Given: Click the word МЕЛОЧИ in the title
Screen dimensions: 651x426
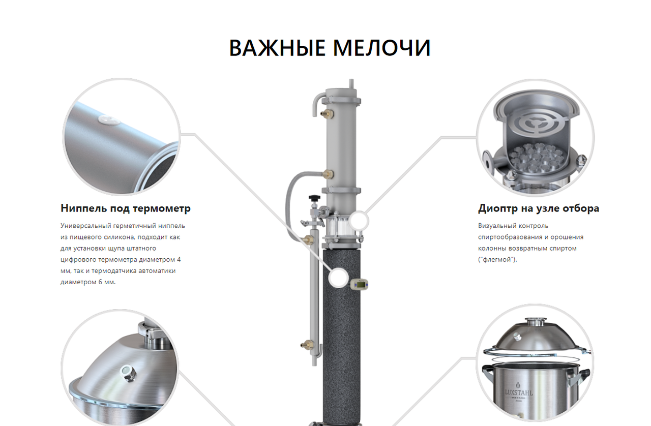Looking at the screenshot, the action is coord(381,48).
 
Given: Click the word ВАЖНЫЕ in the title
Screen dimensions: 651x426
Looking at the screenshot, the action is coord(277,48).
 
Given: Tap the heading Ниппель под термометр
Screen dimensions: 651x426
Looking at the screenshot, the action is coord(126,208).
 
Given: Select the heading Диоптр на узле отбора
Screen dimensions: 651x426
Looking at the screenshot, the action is coord(539,208).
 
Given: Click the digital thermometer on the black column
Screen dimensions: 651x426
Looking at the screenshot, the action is coord(360,285).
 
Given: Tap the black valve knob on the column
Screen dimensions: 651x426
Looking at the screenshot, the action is coord(314,198).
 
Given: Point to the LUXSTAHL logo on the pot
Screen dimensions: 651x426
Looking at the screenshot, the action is coord(519,392).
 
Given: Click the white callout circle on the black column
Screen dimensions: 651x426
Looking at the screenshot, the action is coord(338,278).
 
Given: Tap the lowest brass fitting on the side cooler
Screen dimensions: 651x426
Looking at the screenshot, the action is coord(307,345).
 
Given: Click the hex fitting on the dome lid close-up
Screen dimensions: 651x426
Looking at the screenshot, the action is coord(128,373).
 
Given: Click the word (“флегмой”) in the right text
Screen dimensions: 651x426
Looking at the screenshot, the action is coord(497,259).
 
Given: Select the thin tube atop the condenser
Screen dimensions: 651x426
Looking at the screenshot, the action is coord(351,84).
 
